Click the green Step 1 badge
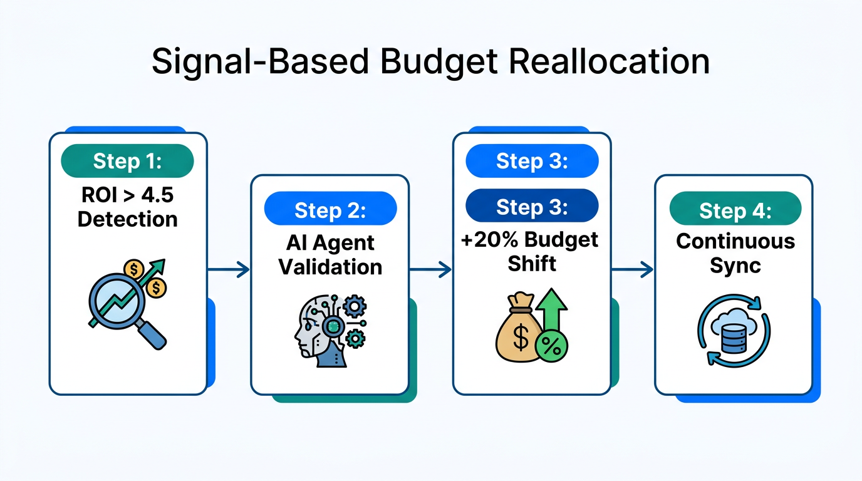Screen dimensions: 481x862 click(127, 161)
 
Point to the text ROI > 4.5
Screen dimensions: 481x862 click(128, 195)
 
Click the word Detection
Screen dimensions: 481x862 click(128, 219)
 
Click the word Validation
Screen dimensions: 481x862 click(330, 267)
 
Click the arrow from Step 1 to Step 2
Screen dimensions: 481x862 click(229, 270)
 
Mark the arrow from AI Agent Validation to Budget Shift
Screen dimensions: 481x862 click(430, 270)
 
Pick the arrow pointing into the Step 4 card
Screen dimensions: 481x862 click(632, 270)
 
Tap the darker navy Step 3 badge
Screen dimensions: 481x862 click(532, 207)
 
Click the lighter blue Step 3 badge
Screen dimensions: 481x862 click(532, 162)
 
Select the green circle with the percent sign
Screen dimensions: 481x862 click(552, 346)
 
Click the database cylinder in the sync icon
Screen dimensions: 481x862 click(730, 334)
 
